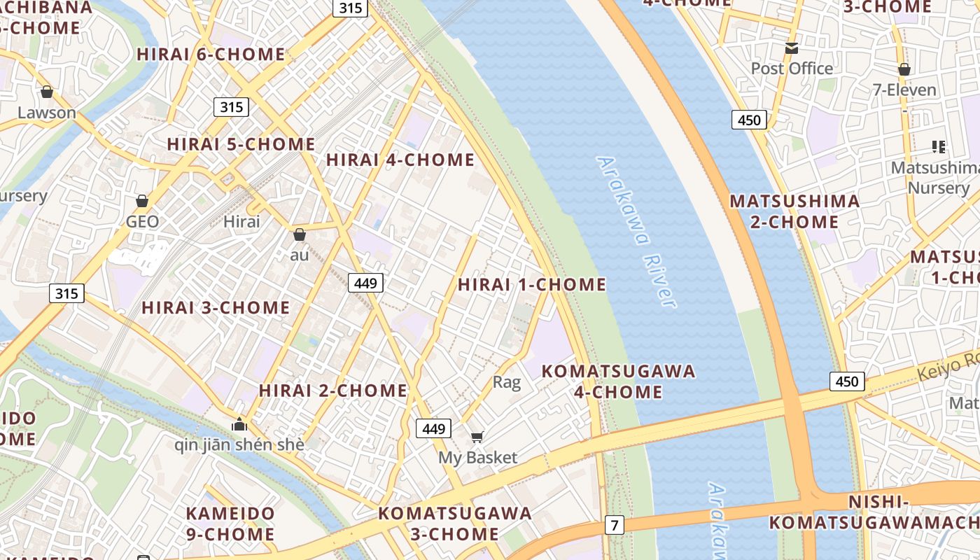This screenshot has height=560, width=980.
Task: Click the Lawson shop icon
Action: pyautogui.click(x=47, y=92)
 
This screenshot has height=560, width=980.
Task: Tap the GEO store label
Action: pyautogui.click(x=142, y=222)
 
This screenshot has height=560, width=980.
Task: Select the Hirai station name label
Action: pyautogui.click(x=241, y=222)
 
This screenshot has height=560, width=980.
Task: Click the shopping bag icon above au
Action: pyautogui.click(x=300, y=234)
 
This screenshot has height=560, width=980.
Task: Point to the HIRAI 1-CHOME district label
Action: pyautogui.click(x=532, y=285)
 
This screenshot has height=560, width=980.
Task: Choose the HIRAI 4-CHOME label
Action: pyautogui.click(x=400, y=160)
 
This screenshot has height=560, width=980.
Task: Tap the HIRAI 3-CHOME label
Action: pyautogui.click(x=216, y=308)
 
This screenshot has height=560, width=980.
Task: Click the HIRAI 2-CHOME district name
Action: pyautogui.click(x=333, y=391)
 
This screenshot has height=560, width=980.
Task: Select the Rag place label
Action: pyautogui.click(x=507, y=382)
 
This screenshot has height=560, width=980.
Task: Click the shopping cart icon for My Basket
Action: pyautogui.click(x=477, y=437)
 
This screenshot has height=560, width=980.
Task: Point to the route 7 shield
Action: pyautogui.click(x=614, y=524)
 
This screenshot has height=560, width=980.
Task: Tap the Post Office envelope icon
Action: pyautogui.click(x=792, y=48)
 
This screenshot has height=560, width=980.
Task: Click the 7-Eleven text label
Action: pyautogui.click(x=904, y=90)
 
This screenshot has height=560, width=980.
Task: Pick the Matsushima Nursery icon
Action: pyautogui.click(x=939, y=147)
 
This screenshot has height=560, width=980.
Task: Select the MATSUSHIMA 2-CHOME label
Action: pyautogui.click(x=794, y=211)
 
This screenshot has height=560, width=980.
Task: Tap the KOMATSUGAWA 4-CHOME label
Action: pyautogui.click(x=619, y=381)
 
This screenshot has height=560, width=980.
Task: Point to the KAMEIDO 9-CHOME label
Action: pyautogui.click(x=230, y=524)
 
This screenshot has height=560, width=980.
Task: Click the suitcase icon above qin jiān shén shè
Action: pyautogui.click(x=239, y=423)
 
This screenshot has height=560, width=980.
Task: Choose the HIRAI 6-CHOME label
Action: pyautogui.click(x=211, y=55)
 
